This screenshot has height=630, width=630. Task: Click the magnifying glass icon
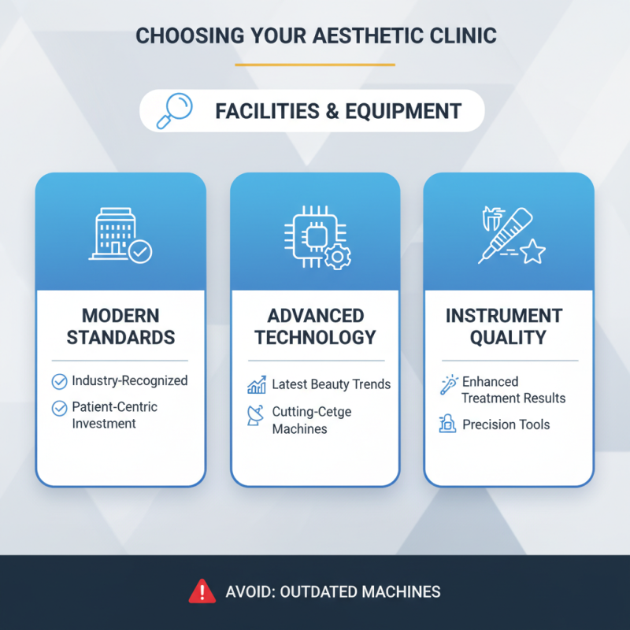175,110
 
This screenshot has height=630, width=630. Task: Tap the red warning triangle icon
202,591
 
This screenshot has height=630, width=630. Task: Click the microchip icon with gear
316,235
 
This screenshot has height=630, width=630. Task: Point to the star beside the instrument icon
533,252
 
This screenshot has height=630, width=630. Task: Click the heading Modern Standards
120,327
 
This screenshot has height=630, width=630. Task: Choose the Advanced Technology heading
315,327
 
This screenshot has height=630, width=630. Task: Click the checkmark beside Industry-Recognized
59,382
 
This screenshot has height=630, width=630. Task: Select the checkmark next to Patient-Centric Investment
59,408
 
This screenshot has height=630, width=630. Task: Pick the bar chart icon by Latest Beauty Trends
256,386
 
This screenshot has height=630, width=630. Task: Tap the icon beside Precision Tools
447,425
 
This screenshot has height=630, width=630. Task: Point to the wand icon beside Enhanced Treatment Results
449,385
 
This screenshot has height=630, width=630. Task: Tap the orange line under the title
314,65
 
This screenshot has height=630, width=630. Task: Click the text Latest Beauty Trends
331,384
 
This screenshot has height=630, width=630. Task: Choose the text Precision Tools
506,424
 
